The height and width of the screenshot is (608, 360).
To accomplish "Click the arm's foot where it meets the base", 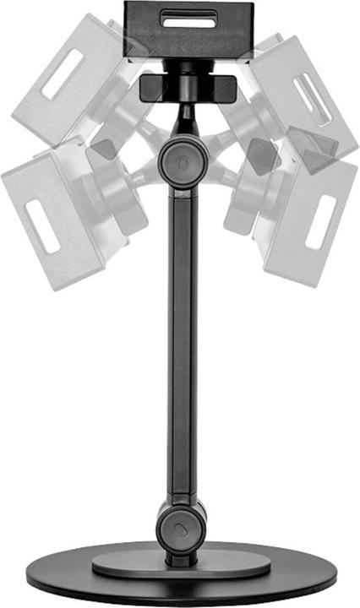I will [x=179, y=558].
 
